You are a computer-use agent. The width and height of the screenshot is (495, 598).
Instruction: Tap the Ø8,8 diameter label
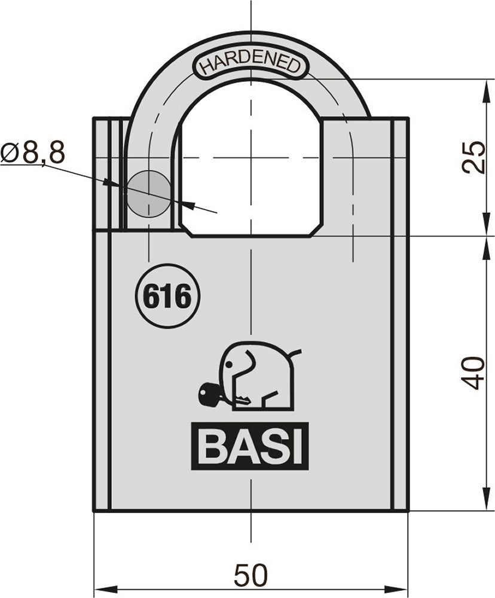[x=32, y=153]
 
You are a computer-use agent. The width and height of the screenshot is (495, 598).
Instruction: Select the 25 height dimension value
[x=474, y=157]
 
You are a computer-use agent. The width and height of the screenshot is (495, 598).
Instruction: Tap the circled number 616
[x=167, y=296]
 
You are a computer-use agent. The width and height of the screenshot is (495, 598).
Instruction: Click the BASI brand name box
[x=250, y=446]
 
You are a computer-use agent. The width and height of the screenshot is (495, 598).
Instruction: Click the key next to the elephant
[x=211, y=394]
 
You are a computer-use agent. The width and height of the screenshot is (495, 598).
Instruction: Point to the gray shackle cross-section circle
[x=148, y=193]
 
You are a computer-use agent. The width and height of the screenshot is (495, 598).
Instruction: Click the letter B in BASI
[x=210, y=446]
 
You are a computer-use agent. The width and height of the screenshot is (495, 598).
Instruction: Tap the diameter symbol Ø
[x=10, y=153]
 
